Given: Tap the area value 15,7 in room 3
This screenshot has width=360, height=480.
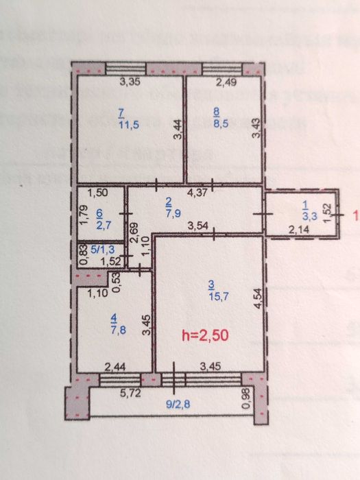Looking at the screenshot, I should [208, 296].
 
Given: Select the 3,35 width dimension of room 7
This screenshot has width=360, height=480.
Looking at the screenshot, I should [130, 83].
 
